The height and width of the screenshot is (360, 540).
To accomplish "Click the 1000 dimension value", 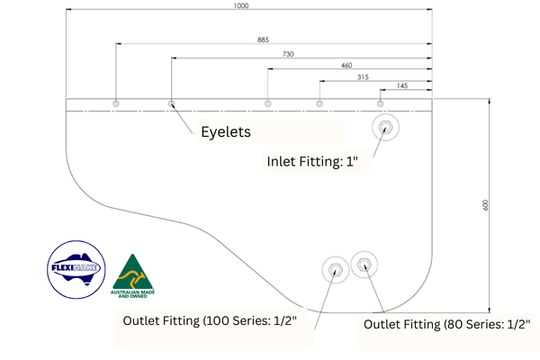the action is pyautogui.click(x=241, y=5).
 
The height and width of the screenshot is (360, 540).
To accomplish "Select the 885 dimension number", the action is pyautogui.click(x=263, y=40).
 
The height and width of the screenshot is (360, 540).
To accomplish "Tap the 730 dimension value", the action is pyautogui.click(x=288, y=54).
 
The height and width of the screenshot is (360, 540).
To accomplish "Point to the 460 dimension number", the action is pyautogui.click(x=346, y=65).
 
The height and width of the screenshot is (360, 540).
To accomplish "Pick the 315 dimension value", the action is pyautogui.click(x=363, y=76).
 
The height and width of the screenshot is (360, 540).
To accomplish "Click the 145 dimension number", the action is pyautogui.click(x=402, y=85).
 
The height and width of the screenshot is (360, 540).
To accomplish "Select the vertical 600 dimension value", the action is pyautogui.click(x=485, y=205).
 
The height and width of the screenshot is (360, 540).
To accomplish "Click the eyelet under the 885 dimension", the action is pyautogui.click(x=116, y=103).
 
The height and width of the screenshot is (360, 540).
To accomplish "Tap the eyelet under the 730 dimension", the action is pyautogui.click(x=171, y=103).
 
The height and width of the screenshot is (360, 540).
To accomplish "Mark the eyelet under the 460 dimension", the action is pyautogui.click(x=267, y=103).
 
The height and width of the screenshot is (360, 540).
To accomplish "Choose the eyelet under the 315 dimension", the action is pyautogui.click(x=319, y=103).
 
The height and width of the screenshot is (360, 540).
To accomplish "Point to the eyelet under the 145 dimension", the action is pyautogui.click(x=380, y=103).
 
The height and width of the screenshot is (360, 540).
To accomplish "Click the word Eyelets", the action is pyautogui.click(x=226, y=132).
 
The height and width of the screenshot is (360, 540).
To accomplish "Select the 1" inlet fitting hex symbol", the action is pyautogui.click(x=385, y=127).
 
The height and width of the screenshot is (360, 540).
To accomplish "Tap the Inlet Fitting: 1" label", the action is pyautogui.click(x=312, y=161).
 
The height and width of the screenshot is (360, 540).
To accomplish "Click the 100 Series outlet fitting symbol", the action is pyautogui.click(x=336, y=270).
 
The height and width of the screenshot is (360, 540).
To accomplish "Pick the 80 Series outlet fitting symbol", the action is pyautogui.click(x=364, y=265).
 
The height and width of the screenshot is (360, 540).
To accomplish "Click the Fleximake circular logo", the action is pyautogui.click(x=76, y=269).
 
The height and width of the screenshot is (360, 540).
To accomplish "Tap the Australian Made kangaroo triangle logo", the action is pyautogui.click(x=132, y=276).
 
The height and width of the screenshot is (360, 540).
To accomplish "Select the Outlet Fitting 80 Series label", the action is pyautogui.click(x=447, y=324).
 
